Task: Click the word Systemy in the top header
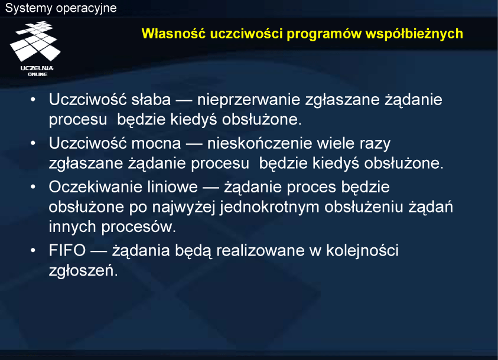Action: [28, 8]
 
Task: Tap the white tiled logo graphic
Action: [35, 41]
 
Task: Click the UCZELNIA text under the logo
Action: [37, 68]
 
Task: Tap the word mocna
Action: [156, 143]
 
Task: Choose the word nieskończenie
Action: [259, 143]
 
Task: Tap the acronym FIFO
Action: [67, 250]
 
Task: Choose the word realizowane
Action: [261, 250]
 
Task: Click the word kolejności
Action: [362, 251]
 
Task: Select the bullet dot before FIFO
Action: [33, 251]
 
